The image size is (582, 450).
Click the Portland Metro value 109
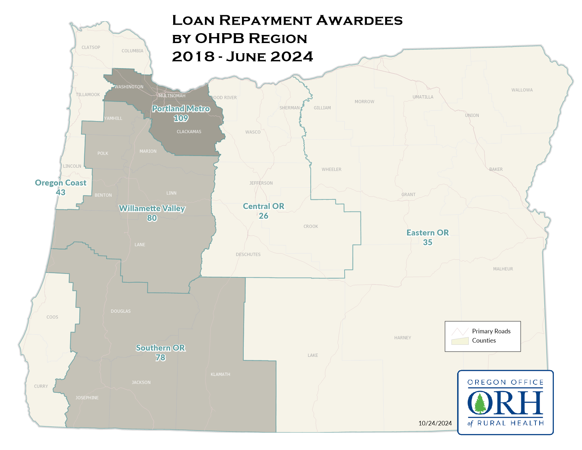[x=181, y=118]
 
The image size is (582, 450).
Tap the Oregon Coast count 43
[x=61, y=192]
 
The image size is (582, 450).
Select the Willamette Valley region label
[x=152, y=209]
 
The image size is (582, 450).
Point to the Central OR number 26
[x=263, y=216]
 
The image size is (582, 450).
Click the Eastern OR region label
[x=428, y=233]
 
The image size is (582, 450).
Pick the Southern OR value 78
[x=160, y=358]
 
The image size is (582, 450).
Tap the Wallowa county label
[x=522, y=90]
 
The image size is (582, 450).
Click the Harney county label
[x=402, y=338]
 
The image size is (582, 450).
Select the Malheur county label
[x=503, y=269]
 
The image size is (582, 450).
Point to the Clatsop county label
[x=91, y=47]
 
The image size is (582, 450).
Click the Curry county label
[x=41, y=386]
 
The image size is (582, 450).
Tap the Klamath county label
[x=220, y=374]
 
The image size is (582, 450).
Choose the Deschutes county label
[x=248, y=254]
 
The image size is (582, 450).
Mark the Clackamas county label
[x=189, y=132]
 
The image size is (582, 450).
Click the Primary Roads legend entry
[x=491, y=331]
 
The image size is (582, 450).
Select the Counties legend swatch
[x=460, y=341]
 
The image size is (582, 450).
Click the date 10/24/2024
[x=435, y=423]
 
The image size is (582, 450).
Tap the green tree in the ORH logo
[x=480, y=403]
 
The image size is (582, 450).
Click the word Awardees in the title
[x=359, y=20]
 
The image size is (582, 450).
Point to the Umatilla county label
[x=423, y=97]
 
